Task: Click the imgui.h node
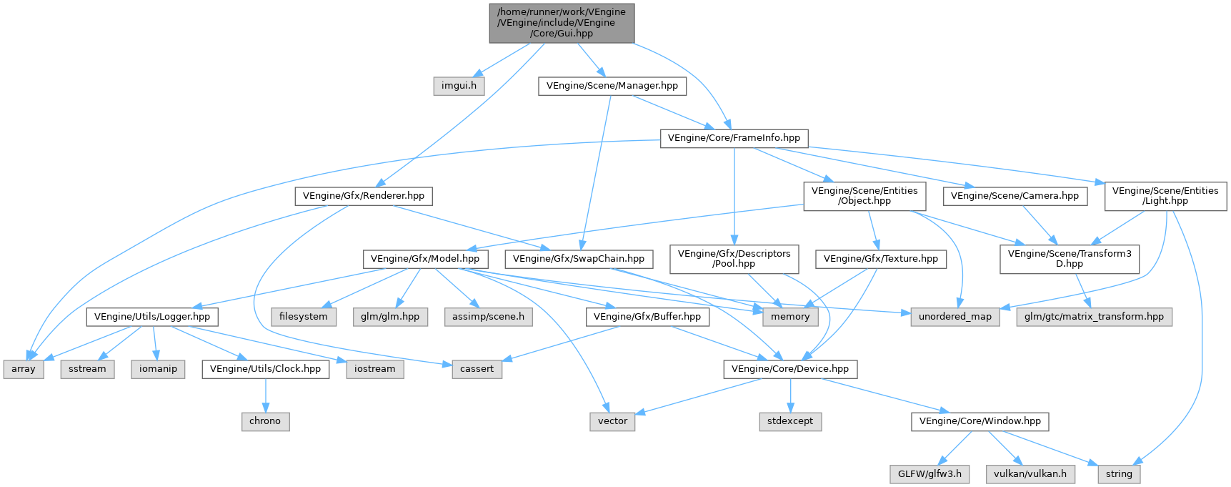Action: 459,86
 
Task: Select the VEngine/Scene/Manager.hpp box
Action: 612,86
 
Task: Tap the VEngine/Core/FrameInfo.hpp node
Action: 733,138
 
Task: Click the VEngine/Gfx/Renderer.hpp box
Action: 363,196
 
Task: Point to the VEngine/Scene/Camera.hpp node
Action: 1015,196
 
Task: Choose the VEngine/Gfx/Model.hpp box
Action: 425,259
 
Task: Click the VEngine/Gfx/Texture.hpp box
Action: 880,259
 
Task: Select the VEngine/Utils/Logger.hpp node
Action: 152,317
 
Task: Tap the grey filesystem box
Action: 304,317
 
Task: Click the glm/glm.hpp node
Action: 390,317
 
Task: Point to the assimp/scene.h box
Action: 488,317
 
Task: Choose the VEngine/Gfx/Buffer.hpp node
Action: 647,317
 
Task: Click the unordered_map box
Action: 955,317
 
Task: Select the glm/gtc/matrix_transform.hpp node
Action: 1094,317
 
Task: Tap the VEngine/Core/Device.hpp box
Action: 790,369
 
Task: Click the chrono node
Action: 265,421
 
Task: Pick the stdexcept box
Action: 790,421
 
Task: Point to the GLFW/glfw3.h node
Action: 929,473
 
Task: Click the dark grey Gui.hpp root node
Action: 561,23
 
